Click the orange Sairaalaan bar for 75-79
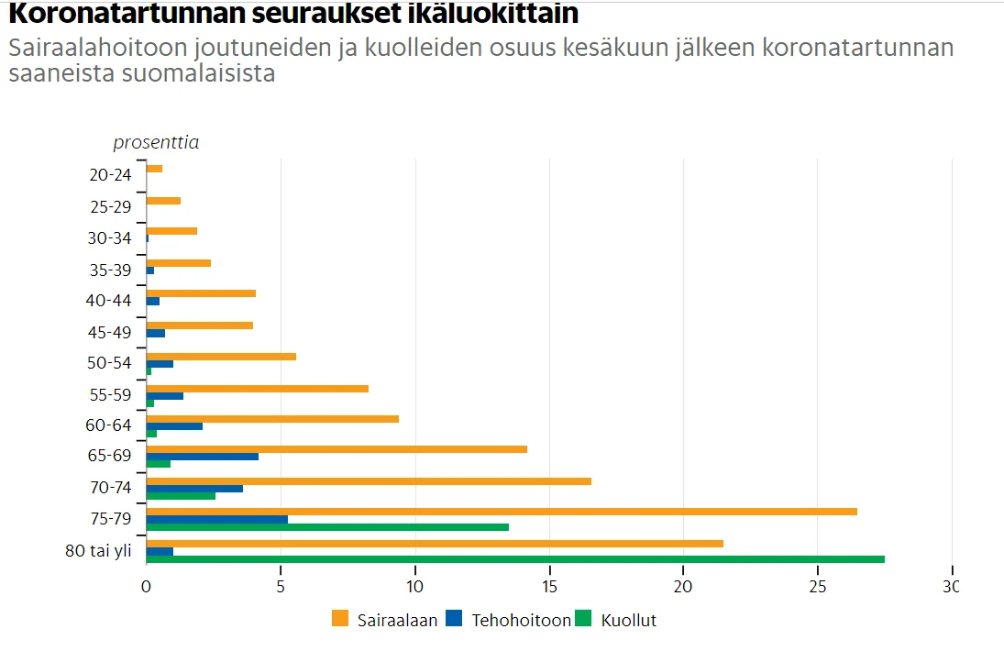502,512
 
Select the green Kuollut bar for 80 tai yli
515,558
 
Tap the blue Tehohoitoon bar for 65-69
202,456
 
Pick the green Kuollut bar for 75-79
327,527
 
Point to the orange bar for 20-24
154,169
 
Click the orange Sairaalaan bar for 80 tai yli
435,544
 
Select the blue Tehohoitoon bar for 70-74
194,489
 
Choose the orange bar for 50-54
221,357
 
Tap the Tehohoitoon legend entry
508,620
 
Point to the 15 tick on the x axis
549,586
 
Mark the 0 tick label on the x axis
146,586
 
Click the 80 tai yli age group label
99,551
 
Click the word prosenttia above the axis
156,142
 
